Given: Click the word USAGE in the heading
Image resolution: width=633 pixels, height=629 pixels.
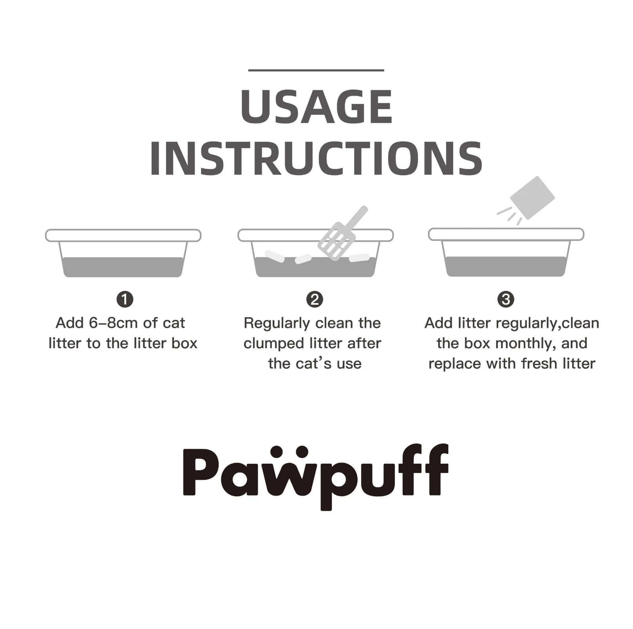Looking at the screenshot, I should (x=316, y=107).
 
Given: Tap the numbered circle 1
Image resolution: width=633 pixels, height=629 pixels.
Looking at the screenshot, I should (x=125, y=300).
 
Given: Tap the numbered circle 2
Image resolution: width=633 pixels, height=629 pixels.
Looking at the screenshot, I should (x=314, y=300).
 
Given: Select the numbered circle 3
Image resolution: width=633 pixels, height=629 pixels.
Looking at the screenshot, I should (x=505, y=300).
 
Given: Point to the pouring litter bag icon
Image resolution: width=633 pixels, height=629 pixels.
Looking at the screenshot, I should (x=532, y=198).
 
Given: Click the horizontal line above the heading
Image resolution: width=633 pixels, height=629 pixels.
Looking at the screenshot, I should (x=316, y=70).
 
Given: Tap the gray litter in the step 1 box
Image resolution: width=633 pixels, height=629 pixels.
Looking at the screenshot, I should (x=123, y=267).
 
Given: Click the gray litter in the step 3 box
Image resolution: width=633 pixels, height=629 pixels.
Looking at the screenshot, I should (x=506, y=266).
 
